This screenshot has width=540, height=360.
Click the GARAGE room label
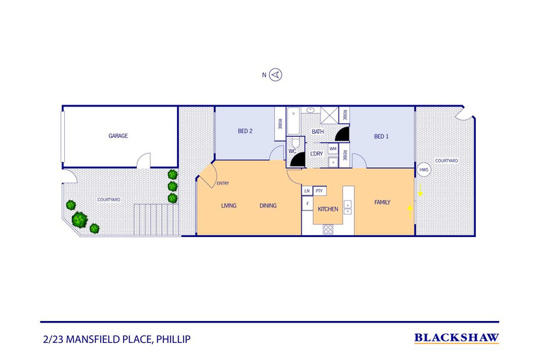[x=118, y=136]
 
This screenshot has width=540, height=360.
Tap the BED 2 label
[x=245, y=131]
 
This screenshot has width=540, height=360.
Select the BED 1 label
[x=381, y=137]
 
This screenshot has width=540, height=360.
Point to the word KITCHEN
[x=329, y=209]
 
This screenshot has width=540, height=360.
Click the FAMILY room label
[x=383, y=202]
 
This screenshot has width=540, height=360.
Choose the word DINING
[x=268, y=206]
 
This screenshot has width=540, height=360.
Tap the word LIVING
[x=228, y=206]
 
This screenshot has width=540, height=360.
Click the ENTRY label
[x=223, y=183]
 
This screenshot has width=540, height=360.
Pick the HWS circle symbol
[x=424, y=169]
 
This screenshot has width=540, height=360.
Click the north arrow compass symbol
[x=276, y=75]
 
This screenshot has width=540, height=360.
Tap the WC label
[x=292, y=150]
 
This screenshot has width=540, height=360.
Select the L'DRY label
[x=316, y=154]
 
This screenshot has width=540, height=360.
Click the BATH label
[x=318, y=132]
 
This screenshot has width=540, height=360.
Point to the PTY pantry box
[x=319, y=191]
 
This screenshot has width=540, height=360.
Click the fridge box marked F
[x=308, y=204]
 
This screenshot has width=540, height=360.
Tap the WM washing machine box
[x=333, y=148]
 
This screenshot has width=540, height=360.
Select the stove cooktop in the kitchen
[x=328, y=229]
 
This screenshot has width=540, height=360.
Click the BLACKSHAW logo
[x=457, y=337]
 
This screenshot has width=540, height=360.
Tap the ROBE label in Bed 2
[x=280, y=124]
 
